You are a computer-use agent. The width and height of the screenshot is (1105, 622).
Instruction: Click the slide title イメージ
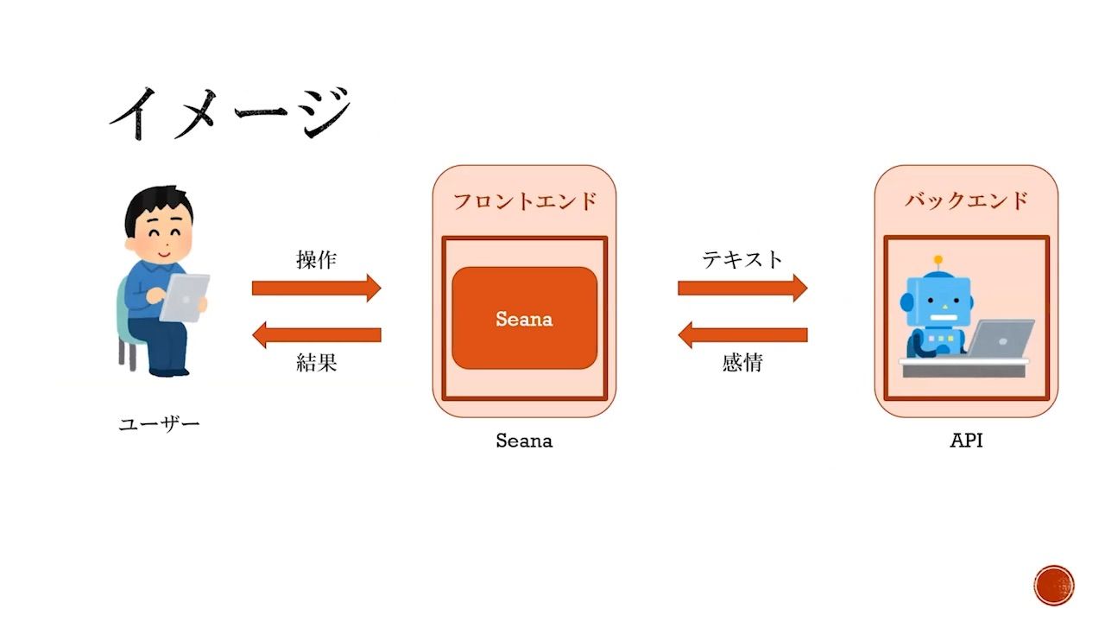coord(230,113)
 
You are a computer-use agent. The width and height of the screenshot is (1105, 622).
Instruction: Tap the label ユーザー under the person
coord(159,424)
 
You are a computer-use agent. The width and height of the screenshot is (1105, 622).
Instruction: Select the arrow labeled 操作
coord(316,288)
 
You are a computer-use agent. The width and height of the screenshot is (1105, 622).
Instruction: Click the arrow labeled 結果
coord(316,334)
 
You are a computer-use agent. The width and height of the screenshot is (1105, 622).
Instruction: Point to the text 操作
coord(316,260)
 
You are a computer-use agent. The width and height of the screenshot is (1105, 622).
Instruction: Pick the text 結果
coord(316,363)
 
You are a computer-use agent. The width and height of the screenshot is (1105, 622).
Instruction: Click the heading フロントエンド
coord(525,201)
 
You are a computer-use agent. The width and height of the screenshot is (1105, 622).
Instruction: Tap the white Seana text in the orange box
coord(524,319)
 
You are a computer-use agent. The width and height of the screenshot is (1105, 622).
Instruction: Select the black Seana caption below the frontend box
coord(524,441)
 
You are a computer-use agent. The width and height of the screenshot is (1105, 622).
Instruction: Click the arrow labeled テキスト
coord(742,288)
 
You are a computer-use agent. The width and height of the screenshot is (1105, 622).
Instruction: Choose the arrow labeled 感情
coord(742,334)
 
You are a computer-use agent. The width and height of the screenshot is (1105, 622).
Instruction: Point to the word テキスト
coord(742,259)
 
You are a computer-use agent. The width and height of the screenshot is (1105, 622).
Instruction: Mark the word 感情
coord(742,363)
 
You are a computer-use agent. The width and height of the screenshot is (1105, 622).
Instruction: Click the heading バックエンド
coord(967,201)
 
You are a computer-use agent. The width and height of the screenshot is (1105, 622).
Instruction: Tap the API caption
coord(967,441)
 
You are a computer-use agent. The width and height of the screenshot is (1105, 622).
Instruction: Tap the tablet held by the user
coord(185,297)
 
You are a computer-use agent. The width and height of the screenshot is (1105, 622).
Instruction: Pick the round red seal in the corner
coord(1054,585)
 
